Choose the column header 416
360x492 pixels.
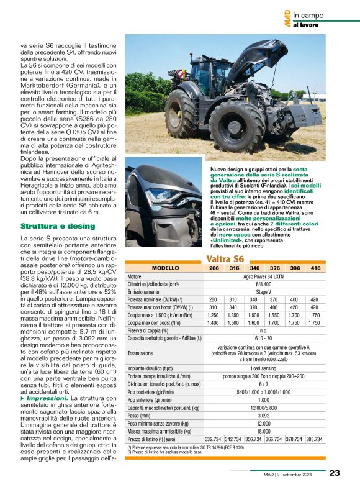pyautogui.click(x=315, y=268)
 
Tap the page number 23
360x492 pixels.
pyautogui.click(x=334, y=473)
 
